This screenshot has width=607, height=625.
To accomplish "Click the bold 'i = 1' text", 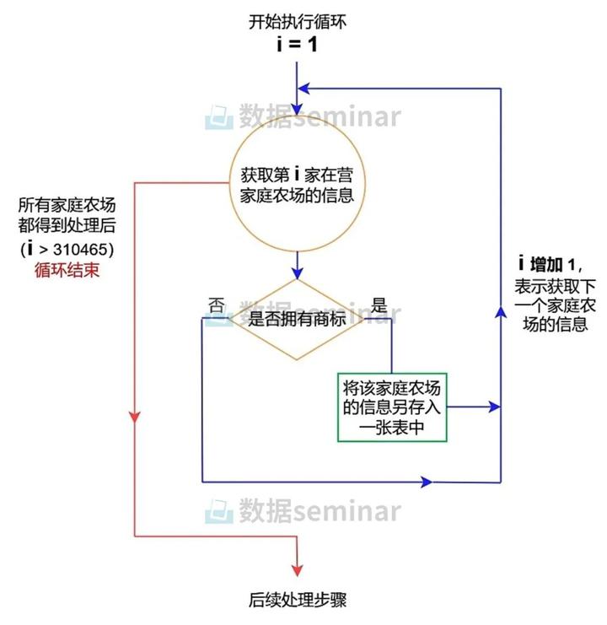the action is (x=297, y=44).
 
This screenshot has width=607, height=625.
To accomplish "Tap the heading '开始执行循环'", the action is (x=297, y=22).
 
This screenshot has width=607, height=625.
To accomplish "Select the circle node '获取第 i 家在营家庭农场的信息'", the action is (x=297, y=184).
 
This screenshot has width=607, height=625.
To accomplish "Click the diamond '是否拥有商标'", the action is (x=297, y=320).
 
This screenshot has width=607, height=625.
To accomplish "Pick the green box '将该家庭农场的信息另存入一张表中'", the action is (x=392, y=407).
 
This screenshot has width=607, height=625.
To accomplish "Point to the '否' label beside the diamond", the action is (x=217, y=306).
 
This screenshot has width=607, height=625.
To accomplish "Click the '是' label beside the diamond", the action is (x=379, y=305).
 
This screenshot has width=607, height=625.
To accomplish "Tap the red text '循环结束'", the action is (x=67, y=270).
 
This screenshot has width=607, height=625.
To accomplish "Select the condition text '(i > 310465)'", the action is (x=67, y=249).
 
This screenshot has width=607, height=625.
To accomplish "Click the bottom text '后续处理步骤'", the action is (x=297, y=600).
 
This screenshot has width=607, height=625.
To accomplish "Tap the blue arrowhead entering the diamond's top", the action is (x=297, y=273).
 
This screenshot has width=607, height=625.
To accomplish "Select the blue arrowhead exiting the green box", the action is (x=495, y=407).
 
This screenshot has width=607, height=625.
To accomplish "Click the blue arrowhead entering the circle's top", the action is (x=297, y=109).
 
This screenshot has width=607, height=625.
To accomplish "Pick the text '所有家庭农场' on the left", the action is (x=67, y=205).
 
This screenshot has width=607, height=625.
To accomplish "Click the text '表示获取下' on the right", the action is (x=555, y=286).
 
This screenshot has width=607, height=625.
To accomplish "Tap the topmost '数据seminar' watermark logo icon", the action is (x=218, y=117).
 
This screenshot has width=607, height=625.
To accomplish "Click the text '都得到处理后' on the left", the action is (x=67, y=225).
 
